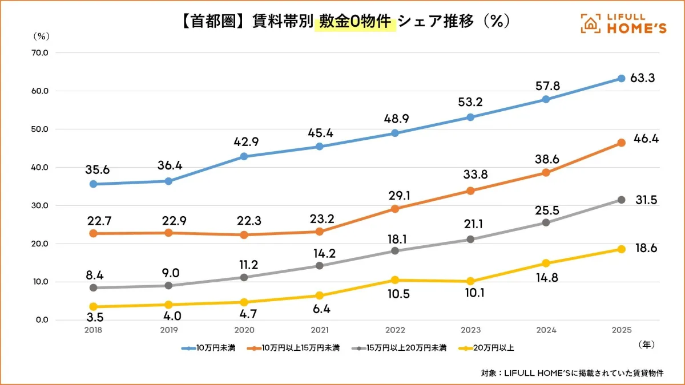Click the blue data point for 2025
[x=621, y=78]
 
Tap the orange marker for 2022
[x=394, y=209]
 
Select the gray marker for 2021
[x=319, y=266]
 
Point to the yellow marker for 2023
[x=470, y=281]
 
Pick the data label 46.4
[x=646, y=138]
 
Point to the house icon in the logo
[x=591, y=23]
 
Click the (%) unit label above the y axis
[x=42, y=36]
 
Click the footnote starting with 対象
[x=573, y=374]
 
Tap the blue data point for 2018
[x=93, y=184]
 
